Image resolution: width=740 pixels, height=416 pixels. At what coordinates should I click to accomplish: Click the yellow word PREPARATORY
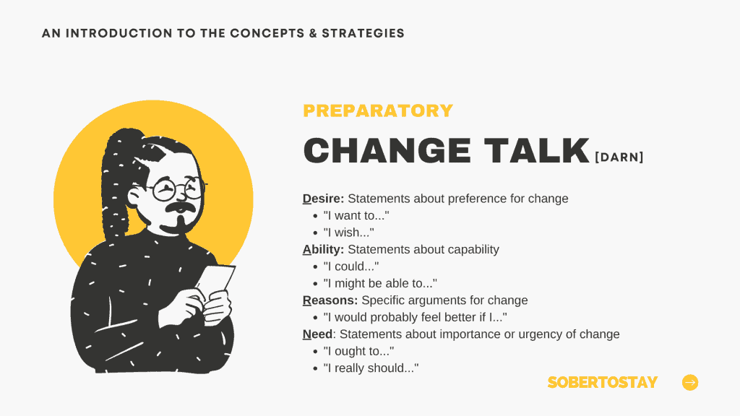pos(378,110)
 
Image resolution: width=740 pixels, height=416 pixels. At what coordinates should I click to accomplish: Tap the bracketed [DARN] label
pos(619,157)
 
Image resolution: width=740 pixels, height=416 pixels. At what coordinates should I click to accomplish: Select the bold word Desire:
pos(323,199)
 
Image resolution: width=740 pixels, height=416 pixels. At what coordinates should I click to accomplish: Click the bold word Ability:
pos(323,249)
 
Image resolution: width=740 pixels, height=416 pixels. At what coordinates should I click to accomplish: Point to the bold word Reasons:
pos(330,300)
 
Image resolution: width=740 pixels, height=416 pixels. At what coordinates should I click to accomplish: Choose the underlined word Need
pos(318,334)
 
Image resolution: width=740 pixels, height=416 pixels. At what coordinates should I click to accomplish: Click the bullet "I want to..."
pos(356,215)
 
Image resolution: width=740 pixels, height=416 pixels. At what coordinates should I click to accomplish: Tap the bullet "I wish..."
pos(349,233)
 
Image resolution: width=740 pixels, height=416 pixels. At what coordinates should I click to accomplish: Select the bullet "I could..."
pos(351,266)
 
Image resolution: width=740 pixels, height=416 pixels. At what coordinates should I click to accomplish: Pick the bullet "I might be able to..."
pos(380,283)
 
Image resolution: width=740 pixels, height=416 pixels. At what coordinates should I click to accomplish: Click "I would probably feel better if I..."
pos(416,318)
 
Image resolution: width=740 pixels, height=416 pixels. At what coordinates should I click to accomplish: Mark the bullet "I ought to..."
pos(358,352)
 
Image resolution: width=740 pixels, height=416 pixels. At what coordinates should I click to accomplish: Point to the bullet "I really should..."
pos(371,368)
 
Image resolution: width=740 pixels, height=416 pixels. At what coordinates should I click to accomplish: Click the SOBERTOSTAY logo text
pos(603,382)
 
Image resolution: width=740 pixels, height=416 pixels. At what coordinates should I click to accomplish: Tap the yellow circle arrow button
pos(690,383)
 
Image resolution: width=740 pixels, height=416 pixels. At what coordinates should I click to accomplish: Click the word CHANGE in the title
pos(387,151)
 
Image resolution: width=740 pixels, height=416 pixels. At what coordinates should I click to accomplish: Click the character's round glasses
pos(178,189)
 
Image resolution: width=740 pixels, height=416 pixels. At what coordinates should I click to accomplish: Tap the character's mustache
pos(180,207)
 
